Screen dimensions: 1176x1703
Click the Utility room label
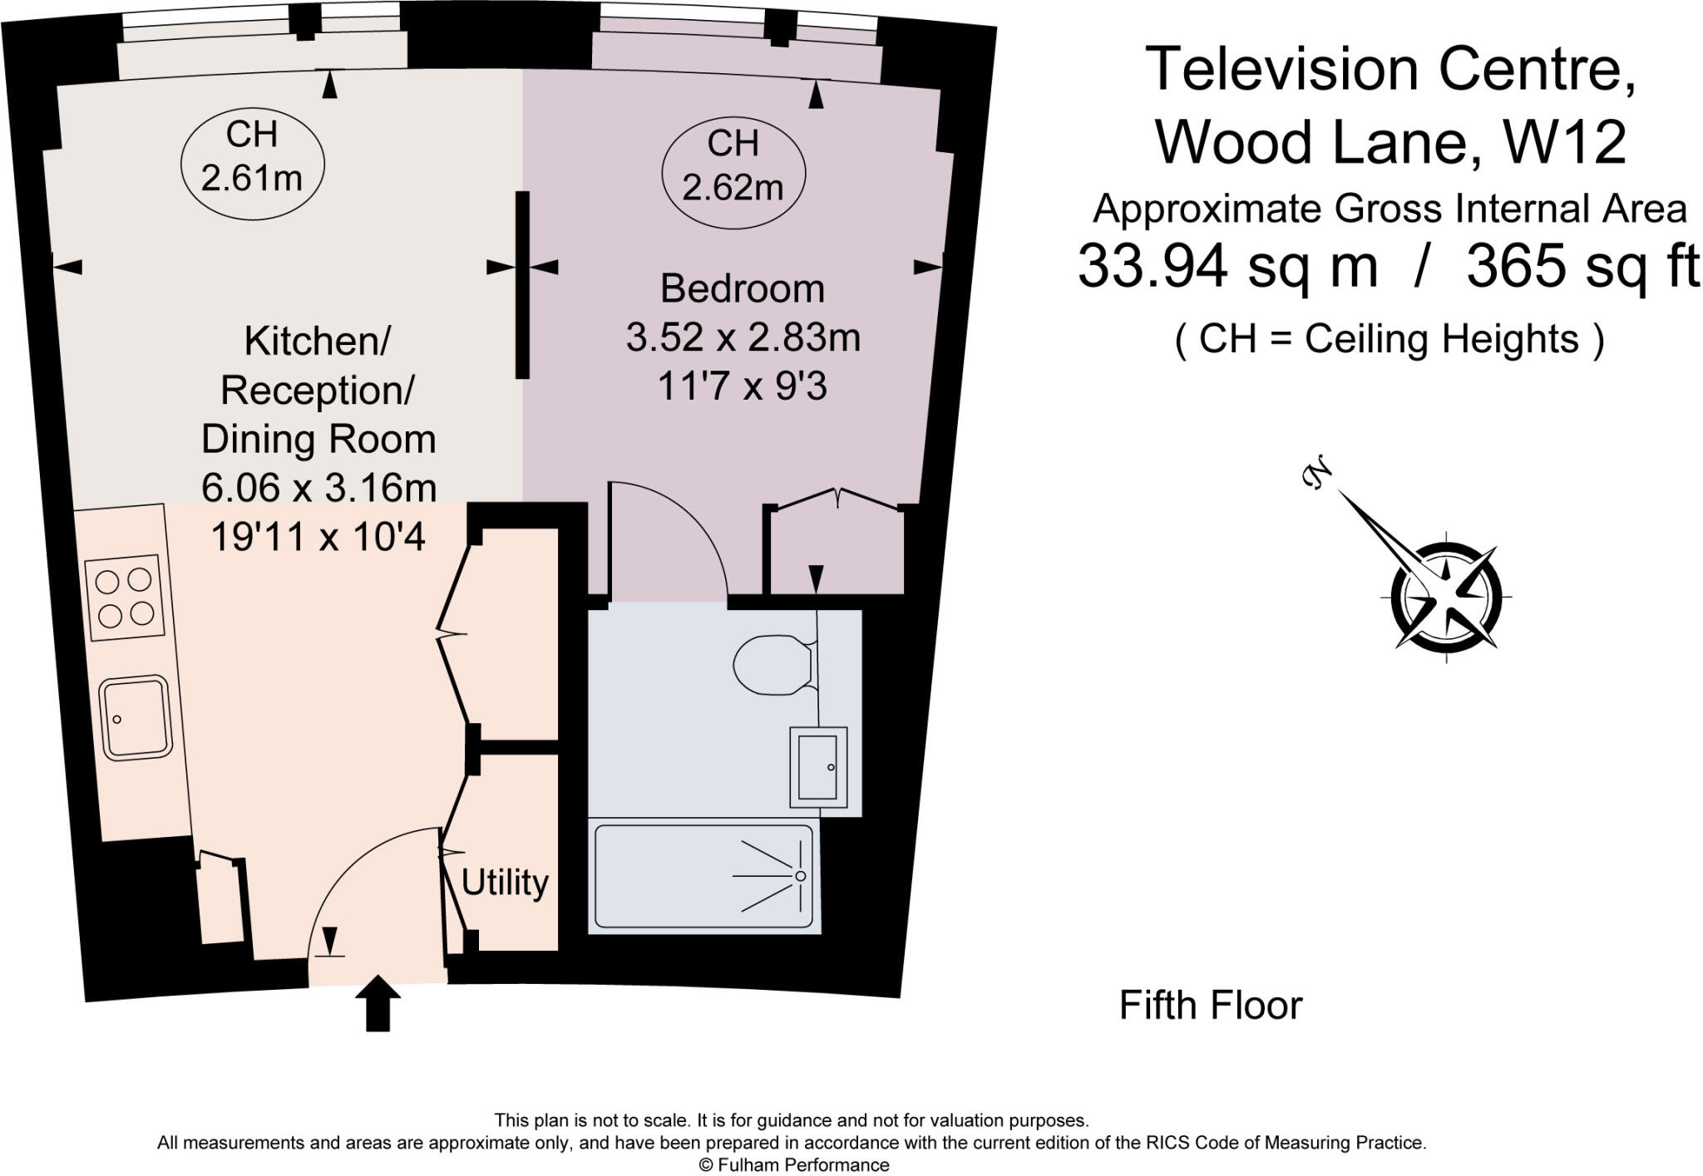(505, 883)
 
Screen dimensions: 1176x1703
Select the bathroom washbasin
(817, 767)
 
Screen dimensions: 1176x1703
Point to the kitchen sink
(136, 717)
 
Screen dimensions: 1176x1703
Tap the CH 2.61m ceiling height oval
(252, 157)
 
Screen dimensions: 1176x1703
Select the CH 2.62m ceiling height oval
(733, 166)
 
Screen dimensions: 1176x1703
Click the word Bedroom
(742, 289)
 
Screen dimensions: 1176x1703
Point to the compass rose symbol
(1447, 596)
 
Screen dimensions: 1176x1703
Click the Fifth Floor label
(1210, 1006)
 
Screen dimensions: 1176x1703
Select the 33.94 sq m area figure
(1227, 267)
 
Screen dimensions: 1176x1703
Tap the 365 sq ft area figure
(1582, 267)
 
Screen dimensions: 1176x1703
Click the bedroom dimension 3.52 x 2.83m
(743, 337)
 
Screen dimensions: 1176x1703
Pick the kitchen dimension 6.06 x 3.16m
(318, 488)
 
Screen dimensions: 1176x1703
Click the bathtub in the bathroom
(703, 876)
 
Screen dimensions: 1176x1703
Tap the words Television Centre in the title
(1390, 70)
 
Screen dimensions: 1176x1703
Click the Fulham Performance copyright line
(793, 1165)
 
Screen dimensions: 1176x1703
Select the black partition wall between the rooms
(522, 285)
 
